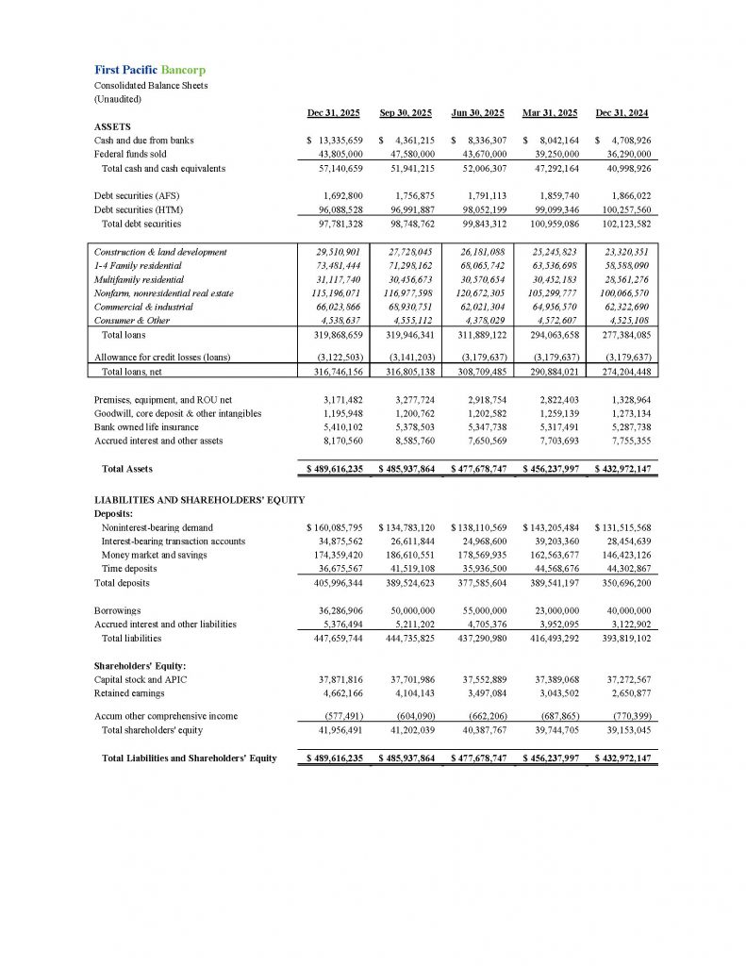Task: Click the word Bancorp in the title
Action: click(x=183, y=70)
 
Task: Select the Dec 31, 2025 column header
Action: click(x=333, y=113)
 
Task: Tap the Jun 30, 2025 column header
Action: click(x=479, y=113)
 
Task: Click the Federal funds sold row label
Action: click(x=130, y=154)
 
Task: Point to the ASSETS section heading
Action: click(x=112, y=126)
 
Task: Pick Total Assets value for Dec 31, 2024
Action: click(x=623, y=468)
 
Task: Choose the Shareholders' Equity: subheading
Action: click(x=141, y=665)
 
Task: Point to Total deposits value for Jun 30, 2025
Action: click(x=479, y=583)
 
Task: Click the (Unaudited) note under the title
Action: click(x=117, y=98)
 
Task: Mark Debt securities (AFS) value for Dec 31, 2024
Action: click(x=624, y=195)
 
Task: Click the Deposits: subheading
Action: click(x=113, y=513)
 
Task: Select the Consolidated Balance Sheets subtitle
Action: click(x=151, y=85)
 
